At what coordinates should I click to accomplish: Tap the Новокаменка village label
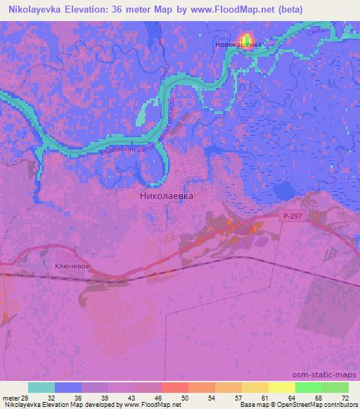click(x=238, y=44)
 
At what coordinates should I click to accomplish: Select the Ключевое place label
click(x=70, y=268)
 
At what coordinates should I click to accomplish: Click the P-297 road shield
click(x=293, y=218)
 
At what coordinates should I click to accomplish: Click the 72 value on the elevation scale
click(x=345, y=397)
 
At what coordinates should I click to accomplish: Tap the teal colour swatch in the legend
click(x=41, y=387)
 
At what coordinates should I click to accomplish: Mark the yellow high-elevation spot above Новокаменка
click(x=246, y=38)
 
